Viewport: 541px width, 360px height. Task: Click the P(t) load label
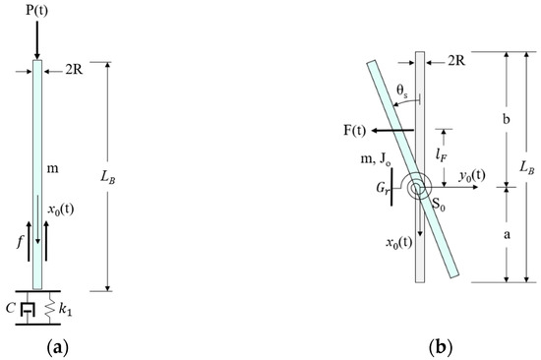pos(37,11)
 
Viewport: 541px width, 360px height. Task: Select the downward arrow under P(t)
pos(37,39)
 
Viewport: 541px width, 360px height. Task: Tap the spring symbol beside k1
pos(50,308)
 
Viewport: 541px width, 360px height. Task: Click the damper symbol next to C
pos(28,308)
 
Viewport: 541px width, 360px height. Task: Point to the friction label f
pos(21,242)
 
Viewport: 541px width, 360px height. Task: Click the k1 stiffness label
pos(65,309)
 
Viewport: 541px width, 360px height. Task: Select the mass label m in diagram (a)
pos(52,169)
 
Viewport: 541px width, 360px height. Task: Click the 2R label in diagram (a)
pos(74,70)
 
